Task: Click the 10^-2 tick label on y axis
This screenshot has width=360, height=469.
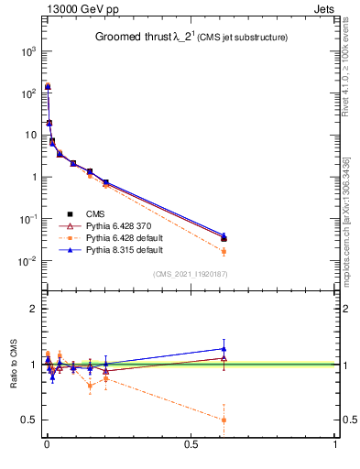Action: (27, 261)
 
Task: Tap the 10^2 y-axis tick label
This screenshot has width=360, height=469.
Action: (27, 93)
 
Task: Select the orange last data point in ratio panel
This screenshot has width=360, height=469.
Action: (224, 420)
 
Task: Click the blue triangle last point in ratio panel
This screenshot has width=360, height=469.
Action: (224, 348)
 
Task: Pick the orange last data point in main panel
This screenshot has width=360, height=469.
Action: (224, 251)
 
